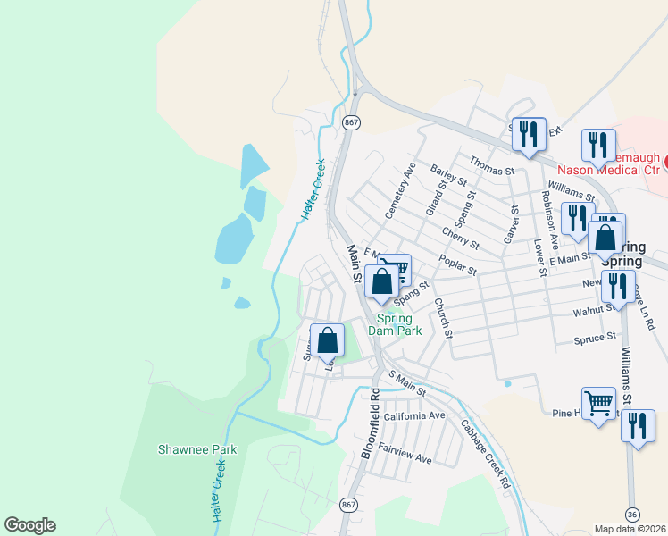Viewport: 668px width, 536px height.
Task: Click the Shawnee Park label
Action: pos(197,449)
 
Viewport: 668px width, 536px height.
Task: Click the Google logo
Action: pos(29,525)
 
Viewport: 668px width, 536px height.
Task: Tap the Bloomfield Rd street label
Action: pos(370,423)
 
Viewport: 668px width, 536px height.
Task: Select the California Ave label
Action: pos(413,416)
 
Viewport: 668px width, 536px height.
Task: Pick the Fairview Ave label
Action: pos(405,453)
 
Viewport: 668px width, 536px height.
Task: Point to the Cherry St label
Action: pos(460,237)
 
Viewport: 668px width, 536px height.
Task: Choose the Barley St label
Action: pos(447,173)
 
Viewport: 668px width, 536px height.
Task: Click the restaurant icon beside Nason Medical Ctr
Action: pos(598,144)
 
